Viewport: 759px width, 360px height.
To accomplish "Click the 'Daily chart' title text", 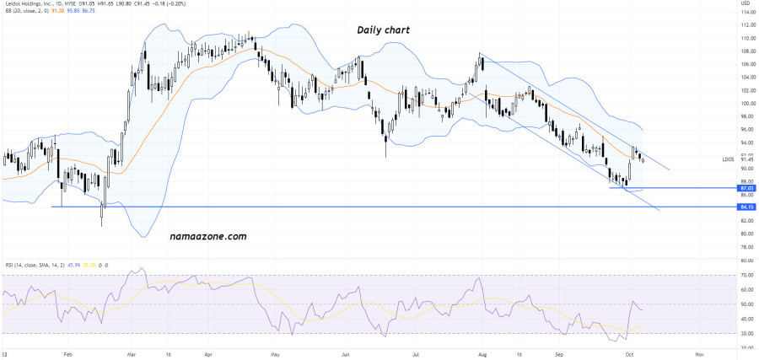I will (x=383, y=30).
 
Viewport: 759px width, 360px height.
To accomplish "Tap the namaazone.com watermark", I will (x=208, y=237).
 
